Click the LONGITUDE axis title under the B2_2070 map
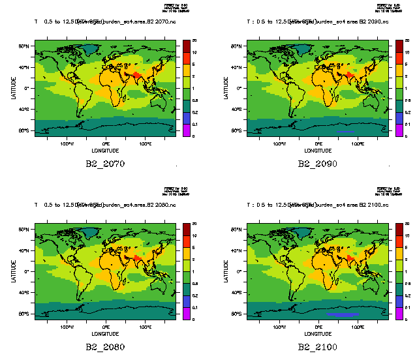[106, 150]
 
